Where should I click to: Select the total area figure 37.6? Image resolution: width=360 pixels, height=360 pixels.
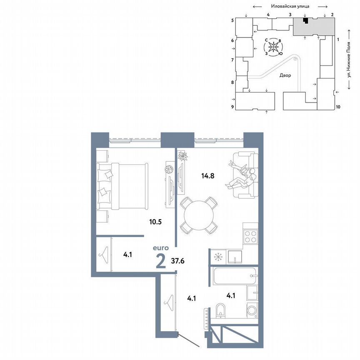(178, 261)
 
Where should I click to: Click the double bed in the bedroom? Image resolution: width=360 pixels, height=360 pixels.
(123, 186)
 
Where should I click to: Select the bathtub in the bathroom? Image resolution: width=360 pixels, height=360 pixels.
(232, 276)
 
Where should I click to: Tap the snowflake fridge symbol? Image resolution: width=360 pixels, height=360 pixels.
(217, 257)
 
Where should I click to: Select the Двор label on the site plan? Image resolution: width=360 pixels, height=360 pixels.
(285, 75)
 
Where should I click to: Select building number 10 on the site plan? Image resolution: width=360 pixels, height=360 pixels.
(338, 107)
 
